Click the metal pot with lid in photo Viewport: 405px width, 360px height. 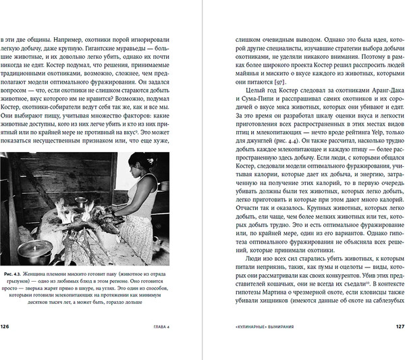click(x=32, y=251)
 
